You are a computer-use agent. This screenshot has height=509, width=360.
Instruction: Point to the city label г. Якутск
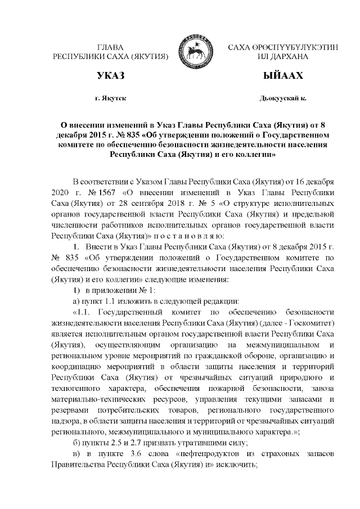coord(110,99)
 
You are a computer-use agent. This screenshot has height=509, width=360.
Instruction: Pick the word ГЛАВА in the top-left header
coord(110,47)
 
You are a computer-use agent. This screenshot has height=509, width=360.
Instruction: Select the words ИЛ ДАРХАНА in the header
coord(280,57)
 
